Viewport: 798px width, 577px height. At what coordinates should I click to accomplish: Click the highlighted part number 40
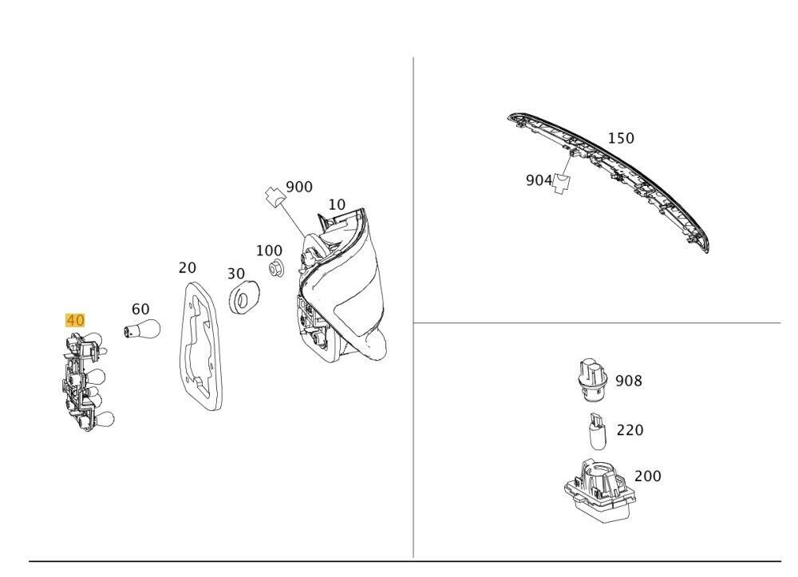click(x=75, y=320)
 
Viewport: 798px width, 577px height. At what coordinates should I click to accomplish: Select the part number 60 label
click(x=140, y=309)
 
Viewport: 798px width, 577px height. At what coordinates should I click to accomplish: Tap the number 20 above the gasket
click(x=187, y=267)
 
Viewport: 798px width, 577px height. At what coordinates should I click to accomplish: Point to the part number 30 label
click(x=235, y=274)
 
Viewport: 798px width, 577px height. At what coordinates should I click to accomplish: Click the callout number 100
click(x=269, y=251)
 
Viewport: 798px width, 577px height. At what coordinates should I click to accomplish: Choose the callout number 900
click(x=299, y=187)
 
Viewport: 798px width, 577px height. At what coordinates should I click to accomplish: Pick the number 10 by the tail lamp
click(x=337, y=204)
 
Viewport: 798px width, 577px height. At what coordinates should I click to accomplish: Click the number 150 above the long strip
click(x=621, y=138)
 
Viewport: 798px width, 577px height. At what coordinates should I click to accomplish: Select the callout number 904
click(x=539, y=180)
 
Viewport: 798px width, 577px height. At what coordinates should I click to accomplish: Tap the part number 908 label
click(x=629, y=381)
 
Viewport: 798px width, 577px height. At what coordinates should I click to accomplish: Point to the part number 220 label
click(x=630, y=430)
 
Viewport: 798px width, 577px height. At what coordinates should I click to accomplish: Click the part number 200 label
click(x=647, y=476)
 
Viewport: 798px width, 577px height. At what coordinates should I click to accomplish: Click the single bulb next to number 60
click(x=144, y=329)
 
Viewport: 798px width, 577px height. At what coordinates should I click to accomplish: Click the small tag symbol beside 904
click(x=562, y=184)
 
